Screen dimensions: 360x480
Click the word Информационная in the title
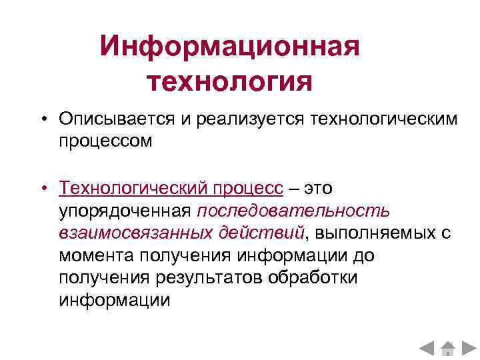click(x=230, y=47)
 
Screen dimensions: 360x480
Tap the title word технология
click(x=230, y=82)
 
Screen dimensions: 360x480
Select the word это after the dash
click(x=319, y=189)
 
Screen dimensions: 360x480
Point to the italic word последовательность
click(x=294, y=211)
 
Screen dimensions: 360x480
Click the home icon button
click(x=449, y=348)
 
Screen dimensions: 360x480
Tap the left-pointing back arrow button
click(x=427, y=348)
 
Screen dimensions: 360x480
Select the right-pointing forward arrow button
click(x=469, y=348)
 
